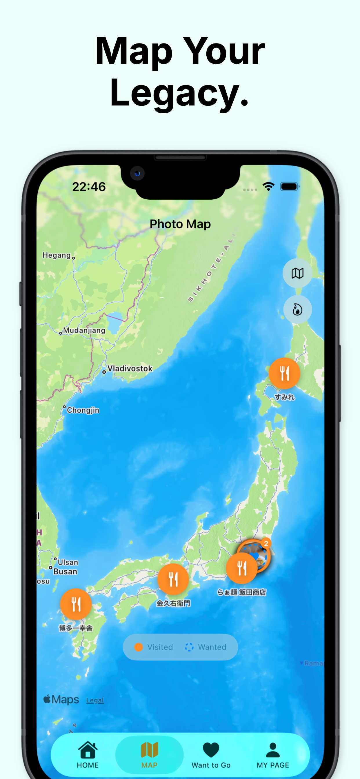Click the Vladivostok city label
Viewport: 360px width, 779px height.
pos(130,368)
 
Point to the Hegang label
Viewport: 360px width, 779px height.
pos(57,255)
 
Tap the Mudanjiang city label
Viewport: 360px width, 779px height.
pos(84,330)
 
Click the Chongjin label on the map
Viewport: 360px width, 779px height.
pos(83,410)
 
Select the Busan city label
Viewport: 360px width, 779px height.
pos(65,571)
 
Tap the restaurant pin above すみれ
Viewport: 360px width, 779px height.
pos(284,373)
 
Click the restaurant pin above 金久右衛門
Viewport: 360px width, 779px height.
pos(173,579)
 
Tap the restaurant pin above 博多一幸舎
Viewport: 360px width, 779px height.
pos(76,604)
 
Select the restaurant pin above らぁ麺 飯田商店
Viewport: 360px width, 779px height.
pos(242,568)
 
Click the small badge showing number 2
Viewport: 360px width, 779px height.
pos(266,544)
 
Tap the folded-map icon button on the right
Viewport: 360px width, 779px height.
pos(297,273)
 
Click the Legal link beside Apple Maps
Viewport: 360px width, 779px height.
pos(95,700)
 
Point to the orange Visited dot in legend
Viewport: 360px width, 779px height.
pos(139,647)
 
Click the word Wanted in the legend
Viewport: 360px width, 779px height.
pos(212,647)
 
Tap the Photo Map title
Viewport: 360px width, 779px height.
pos(180,224)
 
